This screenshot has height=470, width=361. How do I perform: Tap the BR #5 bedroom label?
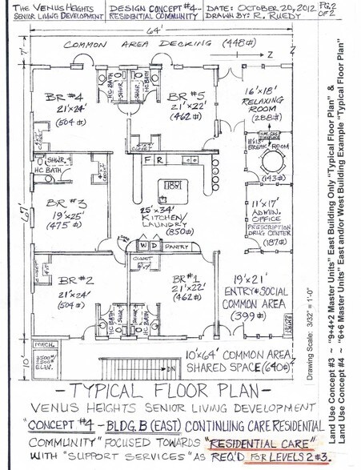(x=188, y=100)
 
